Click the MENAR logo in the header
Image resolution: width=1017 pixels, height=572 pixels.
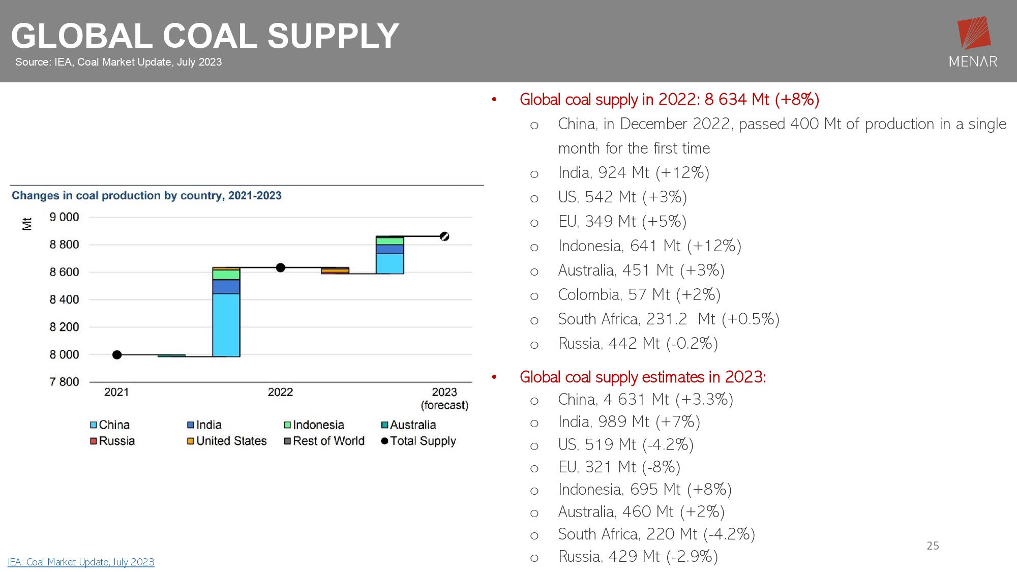tap(973, 42)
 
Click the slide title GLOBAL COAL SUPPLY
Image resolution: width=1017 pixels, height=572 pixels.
tap(205, 36)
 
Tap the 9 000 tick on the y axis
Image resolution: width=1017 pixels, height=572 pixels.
tap(64, 217)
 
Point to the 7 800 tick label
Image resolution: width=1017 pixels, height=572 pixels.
tap(64, 382)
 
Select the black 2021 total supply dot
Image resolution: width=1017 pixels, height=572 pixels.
tap(117, 354)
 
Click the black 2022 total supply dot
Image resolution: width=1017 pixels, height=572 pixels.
tap(280, 267)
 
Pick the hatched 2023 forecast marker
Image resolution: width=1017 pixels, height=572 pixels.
tap(444, 236)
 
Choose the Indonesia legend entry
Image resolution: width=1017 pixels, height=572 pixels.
tap(314, 425)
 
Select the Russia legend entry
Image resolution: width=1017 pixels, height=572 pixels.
tap(112, 441)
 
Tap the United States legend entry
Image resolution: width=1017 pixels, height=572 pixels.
tap(227, 441)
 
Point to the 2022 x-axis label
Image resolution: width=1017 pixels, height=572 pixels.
tap(280, 392)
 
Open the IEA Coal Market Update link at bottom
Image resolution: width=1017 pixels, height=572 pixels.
tap(81, 562)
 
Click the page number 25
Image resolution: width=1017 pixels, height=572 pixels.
tap(933, 546)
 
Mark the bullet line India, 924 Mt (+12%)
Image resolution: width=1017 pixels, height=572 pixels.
tap(633, 173)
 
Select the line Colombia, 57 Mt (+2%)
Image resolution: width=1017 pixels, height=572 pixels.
tap(639, 295)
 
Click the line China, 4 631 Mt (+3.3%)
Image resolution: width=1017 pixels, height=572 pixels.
tap(645, 400)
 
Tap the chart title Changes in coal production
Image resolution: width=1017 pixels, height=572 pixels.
tap(146, 196)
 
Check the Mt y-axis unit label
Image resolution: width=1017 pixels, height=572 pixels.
tap(27, 224)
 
